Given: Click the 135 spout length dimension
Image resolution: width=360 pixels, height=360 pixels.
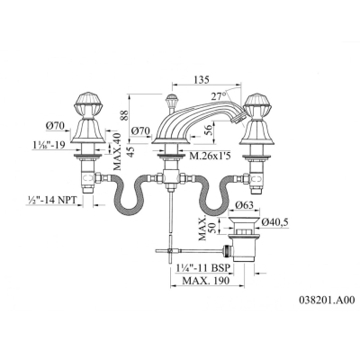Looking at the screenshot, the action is click(202, 80).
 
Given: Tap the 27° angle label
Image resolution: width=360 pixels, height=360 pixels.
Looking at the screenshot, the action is click(218, 96).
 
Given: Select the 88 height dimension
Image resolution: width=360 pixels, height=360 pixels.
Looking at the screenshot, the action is click(125, 116).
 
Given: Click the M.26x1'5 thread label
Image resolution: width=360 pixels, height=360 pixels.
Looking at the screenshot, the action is click(211, 156).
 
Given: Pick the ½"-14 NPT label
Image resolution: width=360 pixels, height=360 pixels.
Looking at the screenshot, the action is click(50, 200).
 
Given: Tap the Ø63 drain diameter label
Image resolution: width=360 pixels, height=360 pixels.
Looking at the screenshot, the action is click(244, 205).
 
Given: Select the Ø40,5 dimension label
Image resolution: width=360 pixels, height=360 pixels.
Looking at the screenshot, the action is click(274, 222).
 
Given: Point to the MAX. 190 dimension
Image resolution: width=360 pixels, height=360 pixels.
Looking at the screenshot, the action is click(206, 281).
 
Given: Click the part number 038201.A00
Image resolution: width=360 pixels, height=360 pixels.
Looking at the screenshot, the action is click(327, 300).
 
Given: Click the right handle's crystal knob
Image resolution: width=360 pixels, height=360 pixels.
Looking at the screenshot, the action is click(256, 103).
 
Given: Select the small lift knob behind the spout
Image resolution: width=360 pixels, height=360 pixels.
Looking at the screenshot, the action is click(171, 101).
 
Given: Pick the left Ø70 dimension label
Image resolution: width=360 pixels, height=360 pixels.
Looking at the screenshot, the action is click(55, 126).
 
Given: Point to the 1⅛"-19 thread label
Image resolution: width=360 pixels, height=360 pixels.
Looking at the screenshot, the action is click(49, 145).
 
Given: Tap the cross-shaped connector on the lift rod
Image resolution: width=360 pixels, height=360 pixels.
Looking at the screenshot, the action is click(170, 248).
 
